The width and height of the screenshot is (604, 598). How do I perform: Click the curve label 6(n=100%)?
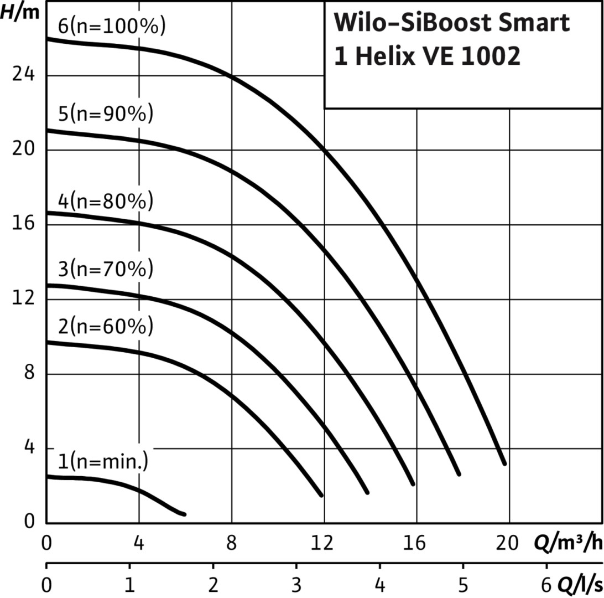tap(111, 27)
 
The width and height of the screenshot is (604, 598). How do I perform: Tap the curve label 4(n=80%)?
tap(105, 200)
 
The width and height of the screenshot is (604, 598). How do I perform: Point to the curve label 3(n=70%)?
tap(105, 271)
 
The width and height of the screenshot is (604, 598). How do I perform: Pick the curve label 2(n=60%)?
tap(105, 327)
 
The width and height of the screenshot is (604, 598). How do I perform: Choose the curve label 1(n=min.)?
tap(103, 461)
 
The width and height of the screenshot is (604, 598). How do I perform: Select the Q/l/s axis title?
tap(580, 586)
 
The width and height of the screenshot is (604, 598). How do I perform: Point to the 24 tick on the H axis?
tap(23, 75)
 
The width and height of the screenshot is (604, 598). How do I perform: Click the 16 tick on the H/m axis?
tap(23, 224)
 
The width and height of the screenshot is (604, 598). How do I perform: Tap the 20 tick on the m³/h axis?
tap(508, 544)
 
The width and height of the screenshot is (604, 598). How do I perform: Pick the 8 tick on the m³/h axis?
tap(231, 544)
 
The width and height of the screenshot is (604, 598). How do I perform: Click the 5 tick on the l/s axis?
tap(464, 586)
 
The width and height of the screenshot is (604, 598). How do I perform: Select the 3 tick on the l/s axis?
tap(296, 586)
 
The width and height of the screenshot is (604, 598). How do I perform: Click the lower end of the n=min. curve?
tap(184, 514)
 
